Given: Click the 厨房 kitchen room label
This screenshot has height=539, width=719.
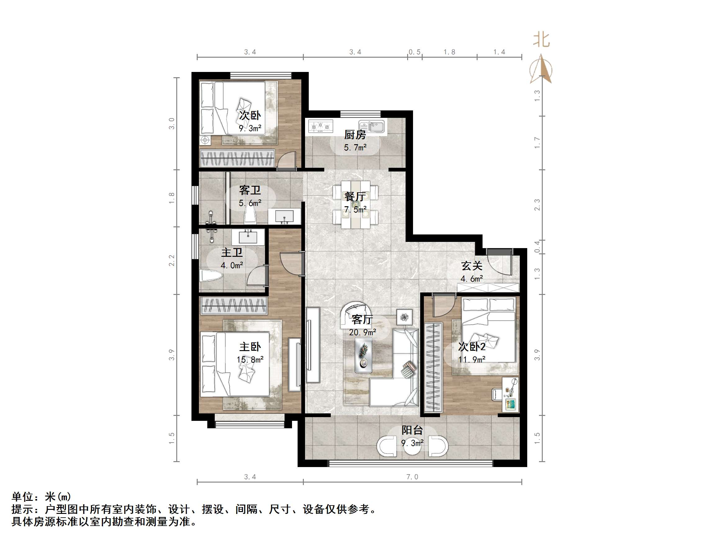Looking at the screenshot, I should pyautogui.click(x=355, y=135).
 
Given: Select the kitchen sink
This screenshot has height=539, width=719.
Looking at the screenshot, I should pyautogui.click(x=372, y=127).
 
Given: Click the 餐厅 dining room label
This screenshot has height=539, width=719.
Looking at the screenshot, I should pyautogui.click(x=355, y=197).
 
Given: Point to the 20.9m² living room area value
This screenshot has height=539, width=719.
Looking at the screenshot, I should pyautogui.click(x=362, y=332).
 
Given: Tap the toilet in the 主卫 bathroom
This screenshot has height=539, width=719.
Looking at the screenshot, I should pyautogui.click(x=211, y=276).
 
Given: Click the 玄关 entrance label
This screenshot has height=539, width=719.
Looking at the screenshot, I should pyautogui.click(x=472, y=266).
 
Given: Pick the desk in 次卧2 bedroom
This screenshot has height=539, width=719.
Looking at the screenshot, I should pyautogui.click(x=510, y=394).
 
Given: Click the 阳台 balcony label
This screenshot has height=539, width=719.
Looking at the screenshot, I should pyautogui.click(x=412, y=430).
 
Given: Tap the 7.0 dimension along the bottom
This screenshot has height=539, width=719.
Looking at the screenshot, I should pyautogui.click(x=412, y=477).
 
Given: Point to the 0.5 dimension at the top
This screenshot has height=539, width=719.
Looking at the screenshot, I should pyautogui.click(x=415, y=52).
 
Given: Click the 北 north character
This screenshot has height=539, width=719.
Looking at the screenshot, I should pyautogui.click(x=541, y=40).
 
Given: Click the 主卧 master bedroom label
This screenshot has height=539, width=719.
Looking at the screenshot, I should pyautogui.click(x=250, y=347).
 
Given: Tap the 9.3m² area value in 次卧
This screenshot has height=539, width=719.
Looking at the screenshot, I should pyautogui.click(x=250, y=128).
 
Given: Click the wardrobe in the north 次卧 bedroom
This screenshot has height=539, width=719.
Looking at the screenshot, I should pyautogui.click(x=237, y=158).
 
